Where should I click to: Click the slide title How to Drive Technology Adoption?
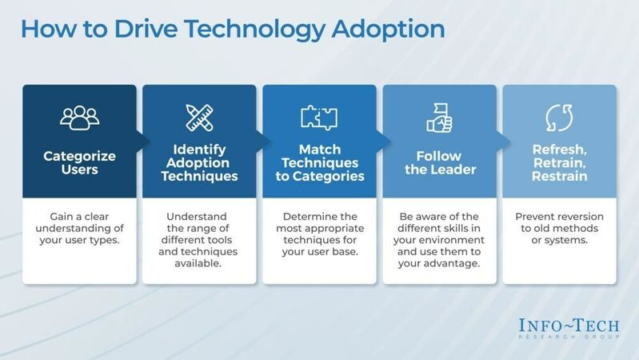point(232,29)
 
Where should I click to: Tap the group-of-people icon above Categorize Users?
point(79,118)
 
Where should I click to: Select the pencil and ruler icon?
point(199,118)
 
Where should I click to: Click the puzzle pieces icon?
point(319,118)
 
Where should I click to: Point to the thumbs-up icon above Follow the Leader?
point(439,118)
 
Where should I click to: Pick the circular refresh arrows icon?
point(559,118)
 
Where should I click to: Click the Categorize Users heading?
point(79,162)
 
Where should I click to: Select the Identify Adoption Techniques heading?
point(199,162)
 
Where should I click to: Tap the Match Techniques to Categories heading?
point(319,162)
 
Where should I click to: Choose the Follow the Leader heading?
point(439,162)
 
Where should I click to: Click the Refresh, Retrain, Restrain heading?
point(559,162)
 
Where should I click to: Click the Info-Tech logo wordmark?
point(561,327)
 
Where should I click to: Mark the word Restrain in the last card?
point(559,176)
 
